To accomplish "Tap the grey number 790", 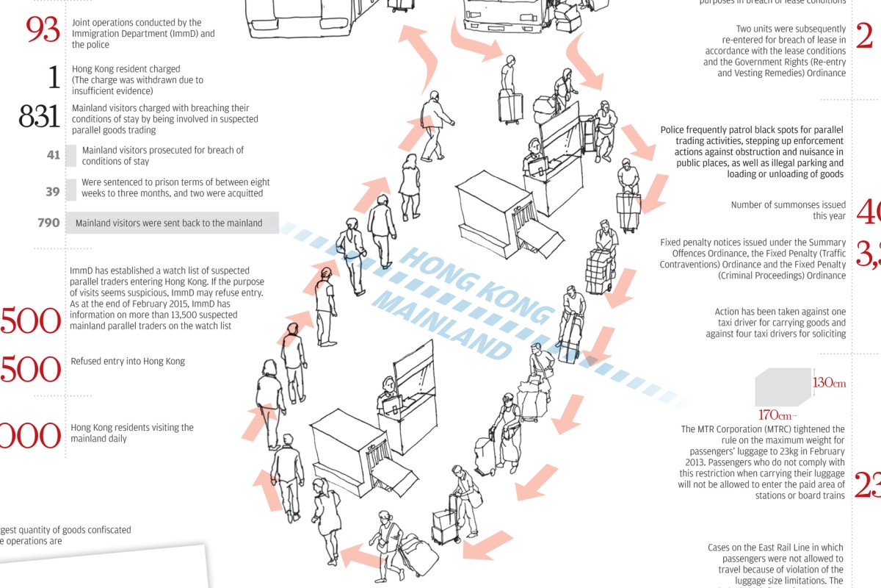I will (48, 223).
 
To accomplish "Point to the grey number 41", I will (53, 155).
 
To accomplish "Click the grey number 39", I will (53, 191).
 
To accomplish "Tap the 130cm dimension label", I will (829, 383).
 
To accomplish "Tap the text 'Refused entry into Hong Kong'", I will (128, 362).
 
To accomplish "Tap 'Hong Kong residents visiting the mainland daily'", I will (131, 433).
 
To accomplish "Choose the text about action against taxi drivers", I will (780, 323).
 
